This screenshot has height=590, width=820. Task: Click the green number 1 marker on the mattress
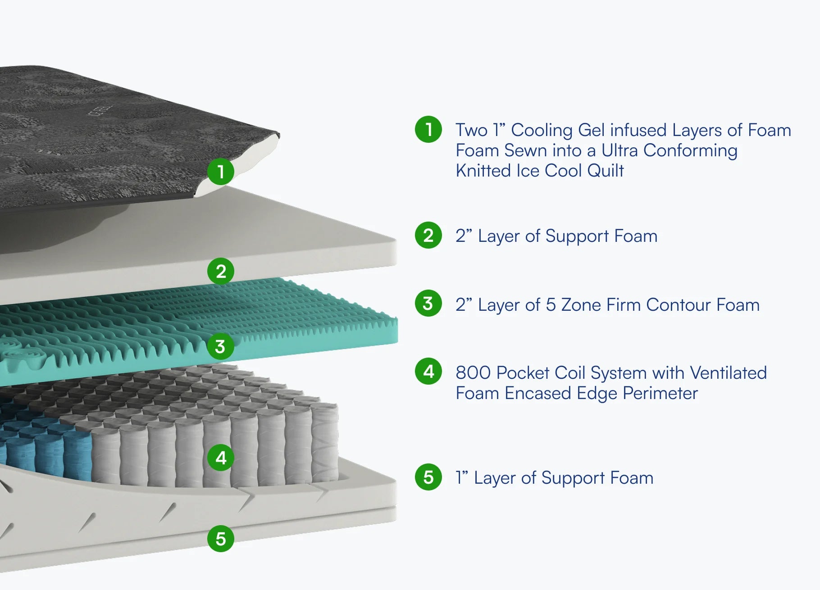[220, 172]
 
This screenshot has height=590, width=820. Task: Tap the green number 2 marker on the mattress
[220, 271]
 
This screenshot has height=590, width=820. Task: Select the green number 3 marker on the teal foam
[220, 346]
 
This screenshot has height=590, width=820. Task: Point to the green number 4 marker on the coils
[220, 458]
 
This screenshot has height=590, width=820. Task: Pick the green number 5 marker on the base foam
[220, 538]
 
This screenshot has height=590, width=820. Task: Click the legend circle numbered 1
[428, 129]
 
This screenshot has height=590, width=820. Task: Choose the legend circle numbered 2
[428, 235]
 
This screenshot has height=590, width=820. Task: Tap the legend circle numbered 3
[428, 303]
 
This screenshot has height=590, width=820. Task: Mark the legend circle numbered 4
[428, 372]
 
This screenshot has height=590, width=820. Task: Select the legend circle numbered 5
[428, 477]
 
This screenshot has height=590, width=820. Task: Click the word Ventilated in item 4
[728, 373]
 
